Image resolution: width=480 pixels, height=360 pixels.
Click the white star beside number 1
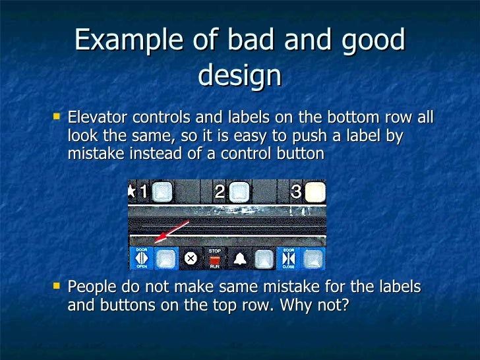131,193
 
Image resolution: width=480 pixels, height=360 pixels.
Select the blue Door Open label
142,258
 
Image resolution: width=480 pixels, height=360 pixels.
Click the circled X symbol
191,258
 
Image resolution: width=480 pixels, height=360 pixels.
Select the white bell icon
240,258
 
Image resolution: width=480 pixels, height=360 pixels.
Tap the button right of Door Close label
314,258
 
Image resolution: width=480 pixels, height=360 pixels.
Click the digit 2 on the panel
220,193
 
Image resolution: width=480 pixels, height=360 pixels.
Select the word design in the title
239,76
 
